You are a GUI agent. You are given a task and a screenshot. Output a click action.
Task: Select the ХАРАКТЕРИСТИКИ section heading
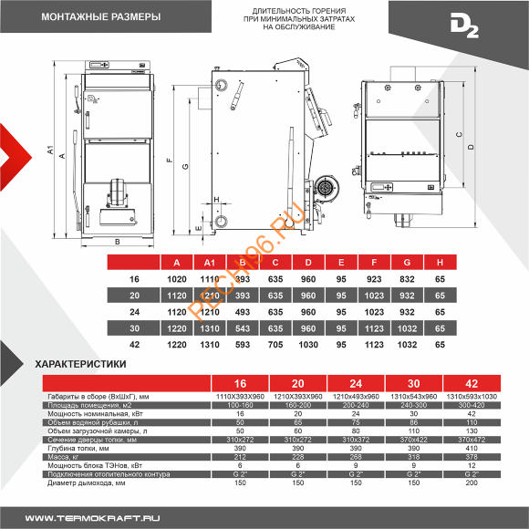point(80,362)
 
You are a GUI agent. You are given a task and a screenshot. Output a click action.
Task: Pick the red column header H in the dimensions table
point(439,263)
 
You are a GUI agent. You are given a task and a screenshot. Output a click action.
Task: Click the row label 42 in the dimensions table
point(135,345)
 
